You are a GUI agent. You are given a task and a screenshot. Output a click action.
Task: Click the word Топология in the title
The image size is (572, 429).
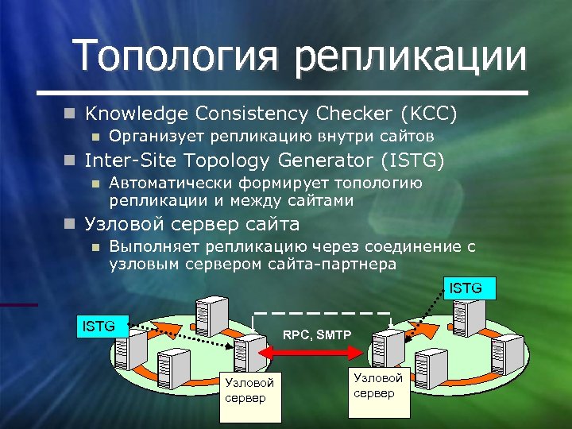[173, 56]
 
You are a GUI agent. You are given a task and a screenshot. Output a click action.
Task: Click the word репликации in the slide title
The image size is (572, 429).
[412, 57]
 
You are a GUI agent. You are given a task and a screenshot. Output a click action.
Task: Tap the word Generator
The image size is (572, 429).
[322, 160]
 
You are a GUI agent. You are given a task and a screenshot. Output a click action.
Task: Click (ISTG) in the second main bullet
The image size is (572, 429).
[413, 160]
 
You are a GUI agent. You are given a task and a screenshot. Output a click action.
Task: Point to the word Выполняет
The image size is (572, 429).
[152, 247]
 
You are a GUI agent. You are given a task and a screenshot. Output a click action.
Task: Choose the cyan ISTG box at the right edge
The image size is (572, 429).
[466, 288]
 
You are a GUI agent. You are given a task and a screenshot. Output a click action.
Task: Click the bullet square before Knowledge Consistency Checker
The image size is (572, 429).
[71, 114]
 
